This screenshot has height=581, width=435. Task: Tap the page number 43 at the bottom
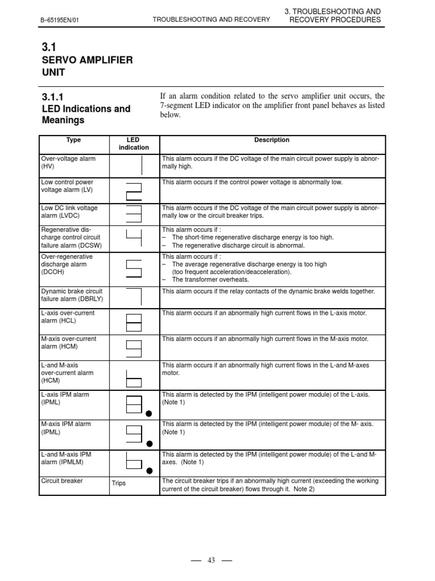pos(211,560)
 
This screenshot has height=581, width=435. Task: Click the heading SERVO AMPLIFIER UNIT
pos(87,66)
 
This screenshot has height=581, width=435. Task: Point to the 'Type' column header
pos(74,140)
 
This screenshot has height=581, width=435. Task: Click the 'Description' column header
pos(272,140)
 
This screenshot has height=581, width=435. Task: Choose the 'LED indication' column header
pos(134,144)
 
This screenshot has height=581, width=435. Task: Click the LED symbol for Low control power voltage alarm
pos(134,191)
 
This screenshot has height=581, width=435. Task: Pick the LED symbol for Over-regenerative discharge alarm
pos(134,268)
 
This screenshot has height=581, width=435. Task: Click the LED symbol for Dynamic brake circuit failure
pos(135,297)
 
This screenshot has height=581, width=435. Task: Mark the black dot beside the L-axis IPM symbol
pos(150,414)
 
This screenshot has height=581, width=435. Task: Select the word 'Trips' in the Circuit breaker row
pos(119,483)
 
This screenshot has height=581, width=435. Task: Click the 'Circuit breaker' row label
pos(62,481)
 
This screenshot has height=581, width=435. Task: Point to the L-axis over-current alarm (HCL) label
pos(68,317)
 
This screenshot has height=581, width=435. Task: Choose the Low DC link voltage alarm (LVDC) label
pos(69,212)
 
